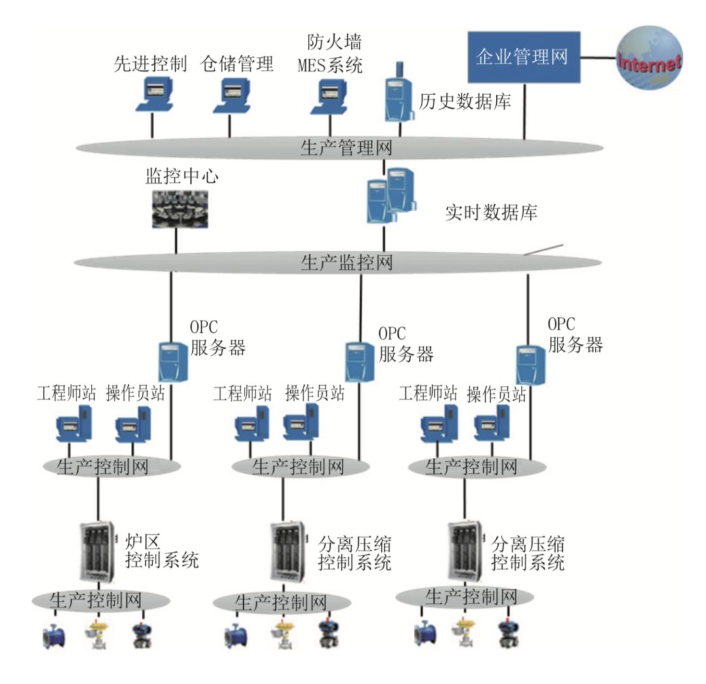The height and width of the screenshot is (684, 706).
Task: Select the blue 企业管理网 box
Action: click(524, 57)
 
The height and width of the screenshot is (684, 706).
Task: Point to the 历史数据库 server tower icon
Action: click(397, 95)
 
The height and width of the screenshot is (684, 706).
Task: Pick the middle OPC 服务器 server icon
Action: click(359, 362)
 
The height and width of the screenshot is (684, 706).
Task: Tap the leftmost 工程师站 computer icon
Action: click(74, 426)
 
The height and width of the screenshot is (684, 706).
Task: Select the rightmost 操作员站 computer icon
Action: click(495, 425)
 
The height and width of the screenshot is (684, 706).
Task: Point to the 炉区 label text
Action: click(142, 541)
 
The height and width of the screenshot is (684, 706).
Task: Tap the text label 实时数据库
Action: click(492, 212)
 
